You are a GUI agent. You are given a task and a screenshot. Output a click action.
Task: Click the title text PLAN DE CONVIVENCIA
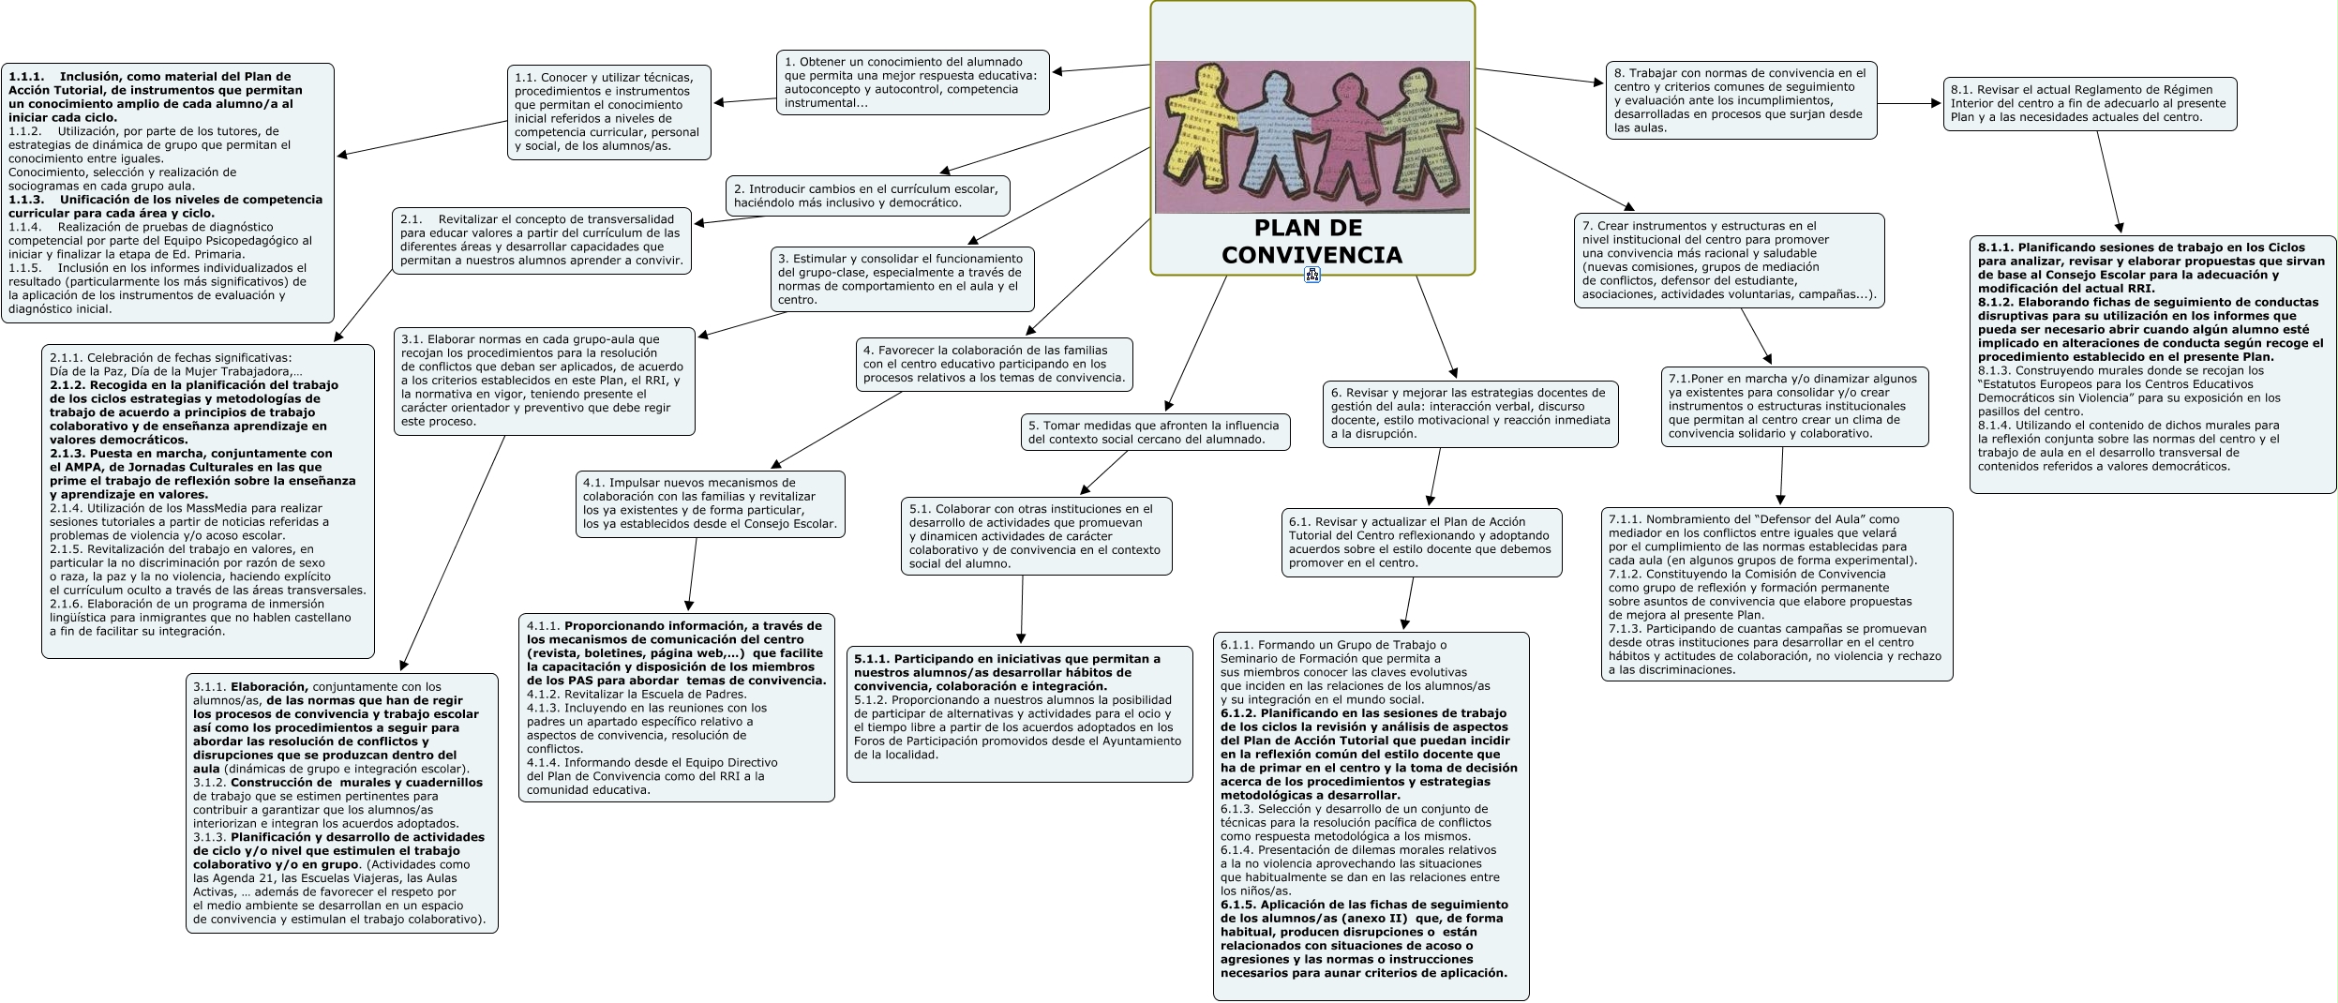(x=1311, y=242)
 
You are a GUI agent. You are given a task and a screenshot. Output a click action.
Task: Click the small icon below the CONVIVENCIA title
(x=1312, y=275)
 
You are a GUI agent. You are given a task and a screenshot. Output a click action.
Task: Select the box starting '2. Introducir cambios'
(x=868, y=196)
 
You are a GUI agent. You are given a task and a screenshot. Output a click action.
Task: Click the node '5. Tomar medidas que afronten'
(x=1155, y=432)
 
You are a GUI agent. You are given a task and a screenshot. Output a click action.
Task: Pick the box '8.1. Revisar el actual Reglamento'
(x=2090, y=103)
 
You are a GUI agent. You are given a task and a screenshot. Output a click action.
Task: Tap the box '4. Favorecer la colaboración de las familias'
(x=994, y=364)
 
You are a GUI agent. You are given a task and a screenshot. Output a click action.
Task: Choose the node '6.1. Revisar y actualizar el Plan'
(x=1421, y=543)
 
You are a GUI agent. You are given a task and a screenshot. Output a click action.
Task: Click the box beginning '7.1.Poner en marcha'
(x=1794, y=406)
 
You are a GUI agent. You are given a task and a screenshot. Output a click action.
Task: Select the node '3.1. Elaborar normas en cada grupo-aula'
(x=545, y=381)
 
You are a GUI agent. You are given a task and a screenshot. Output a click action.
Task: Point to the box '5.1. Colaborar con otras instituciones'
(x=1036, y=536)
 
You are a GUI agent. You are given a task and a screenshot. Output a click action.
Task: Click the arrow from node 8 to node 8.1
(x=1910, y=104)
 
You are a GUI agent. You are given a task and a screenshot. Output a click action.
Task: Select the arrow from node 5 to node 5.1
(x=1104, y=472)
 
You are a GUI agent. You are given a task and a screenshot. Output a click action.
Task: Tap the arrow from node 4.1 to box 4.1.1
(x=693, y=575)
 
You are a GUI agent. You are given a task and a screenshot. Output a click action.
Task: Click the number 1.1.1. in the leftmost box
(x=27, y=77)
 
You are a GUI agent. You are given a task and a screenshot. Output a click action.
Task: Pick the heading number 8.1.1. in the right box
(x=1996, y=247)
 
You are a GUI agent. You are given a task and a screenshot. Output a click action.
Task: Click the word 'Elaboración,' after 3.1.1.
(x=270, y=687)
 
